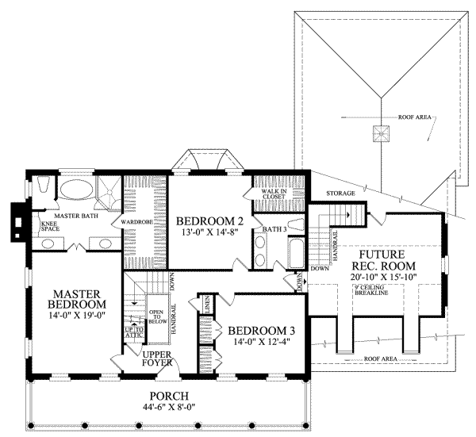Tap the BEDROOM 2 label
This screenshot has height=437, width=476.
point(209,221)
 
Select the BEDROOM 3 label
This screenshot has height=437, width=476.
point(261,331)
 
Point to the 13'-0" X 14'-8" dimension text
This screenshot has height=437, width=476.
point(209,234)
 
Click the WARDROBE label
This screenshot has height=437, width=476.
point(136,223)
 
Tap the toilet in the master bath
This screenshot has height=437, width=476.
point(45,187)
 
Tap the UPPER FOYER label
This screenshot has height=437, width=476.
point(159,359)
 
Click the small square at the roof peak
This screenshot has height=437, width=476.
point(382,132)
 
